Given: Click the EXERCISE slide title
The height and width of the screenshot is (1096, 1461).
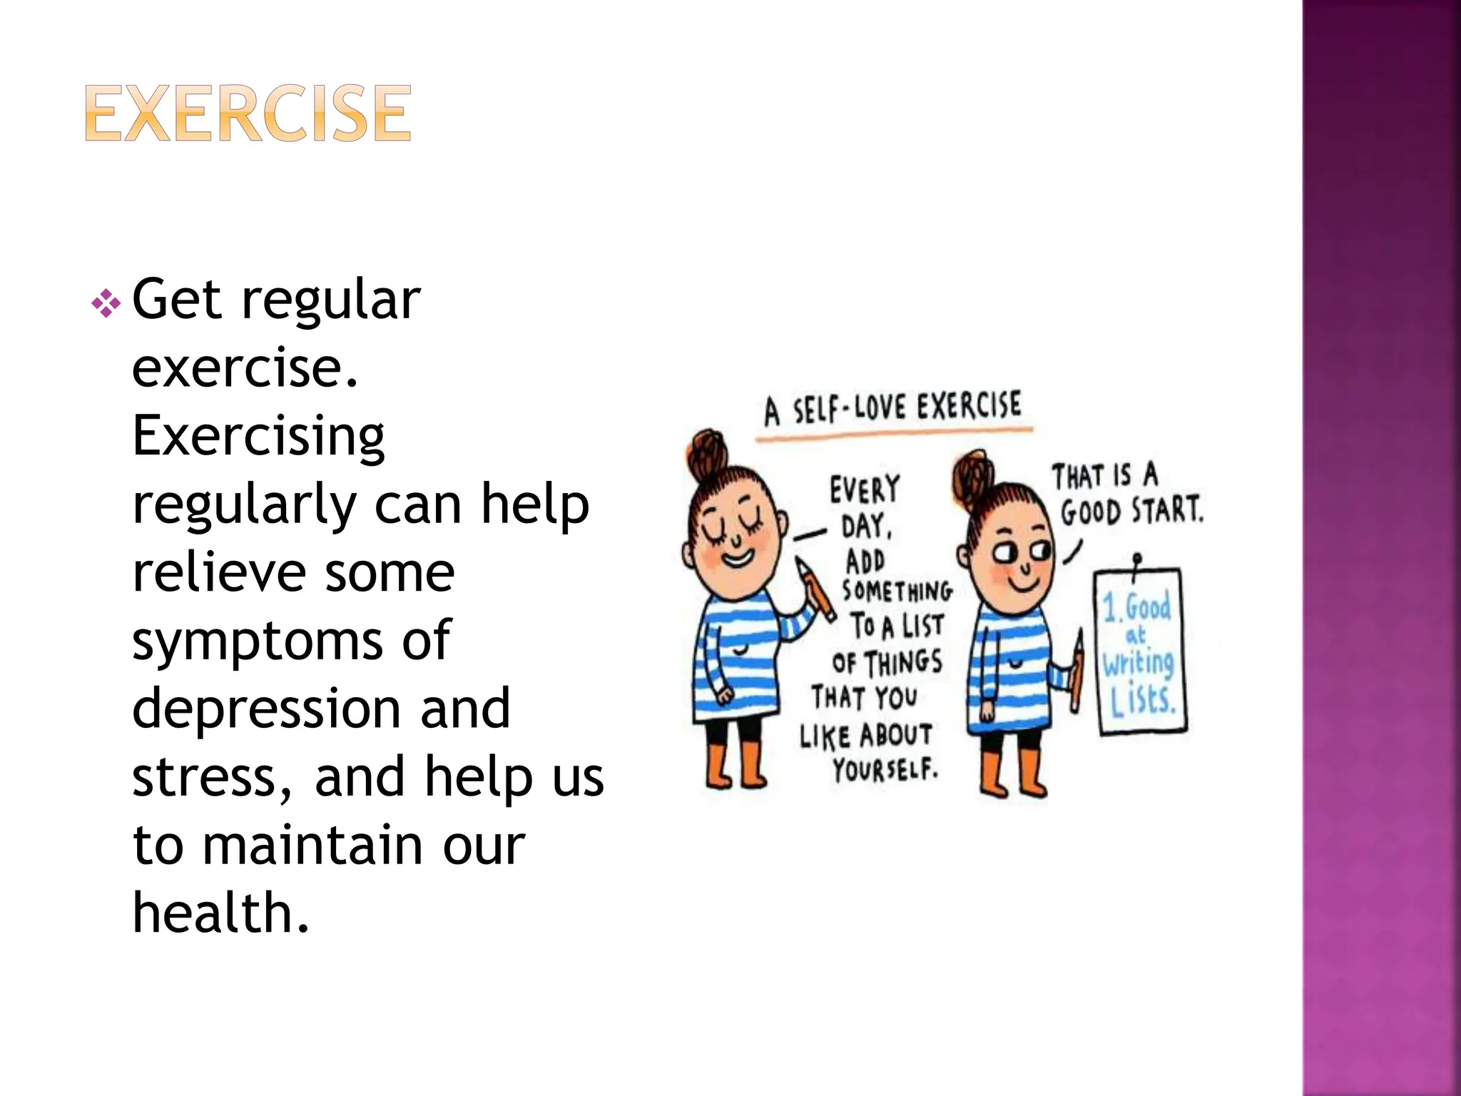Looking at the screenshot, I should click(x=248, y=113).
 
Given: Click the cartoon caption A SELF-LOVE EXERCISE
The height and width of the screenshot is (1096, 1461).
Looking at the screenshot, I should click(x=892, y=409).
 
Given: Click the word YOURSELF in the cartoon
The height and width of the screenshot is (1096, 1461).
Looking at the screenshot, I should click(x=885, y=770).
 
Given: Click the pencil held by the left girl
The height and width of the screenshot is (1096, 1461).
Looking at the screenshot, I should click(x=816, y=589).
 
